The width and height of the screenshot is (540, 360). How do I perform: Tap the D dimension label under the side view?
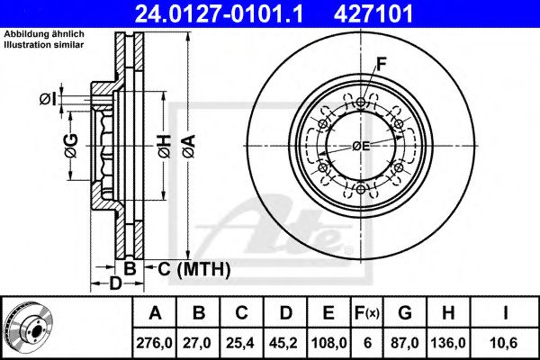pos(115,285)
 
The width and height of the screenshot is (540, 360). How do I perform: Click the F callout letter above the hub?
pos(382,64)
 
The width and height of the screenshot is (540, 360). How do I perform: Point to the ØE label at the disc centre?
pos(361,147)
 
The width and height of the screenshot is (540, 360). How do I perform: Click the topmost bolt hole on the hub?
pos(361,102)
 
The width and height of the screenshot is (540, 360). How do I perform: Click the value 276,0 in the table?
pos(156,342)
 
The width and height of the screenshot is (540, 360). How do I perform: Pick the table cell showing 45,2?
pos(284,342)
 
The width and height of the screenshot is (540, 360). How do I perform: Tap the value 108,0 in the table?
pos(328,342)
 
